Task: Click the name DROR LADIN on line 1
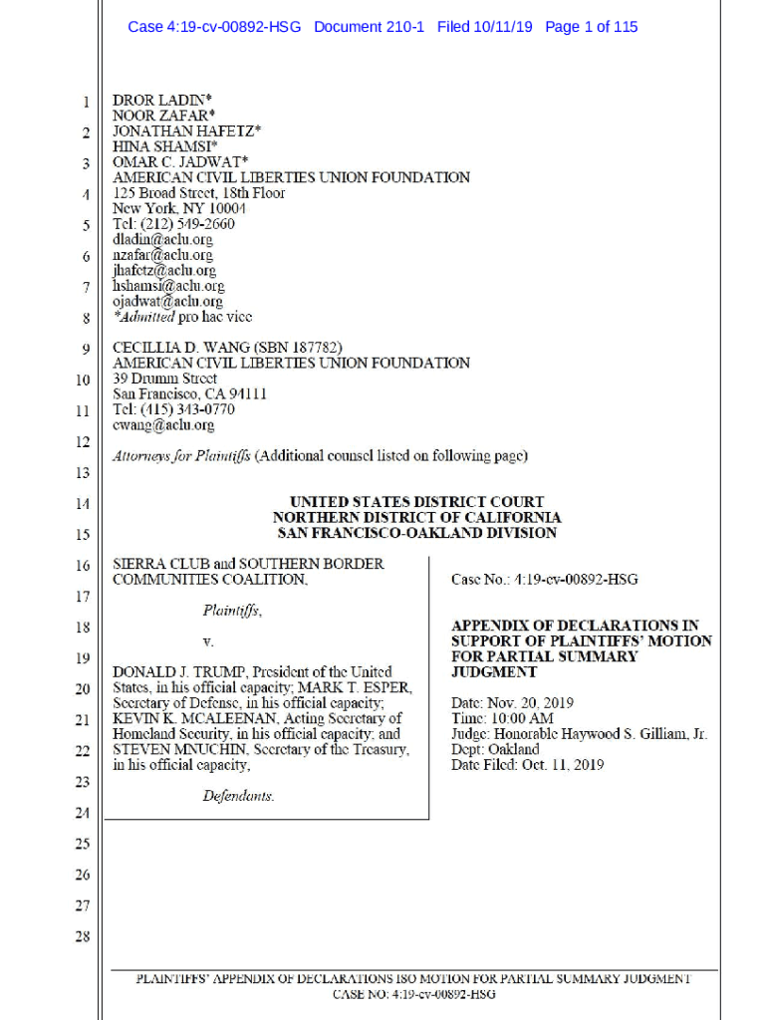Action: tap(158, 101)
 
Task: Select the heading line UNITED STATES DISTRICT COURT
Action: tap(416, 502)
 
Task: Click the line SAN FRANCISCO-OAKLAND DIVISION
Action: tap(416, 533)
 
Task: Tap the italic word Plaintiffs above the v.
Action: tap(232, 611)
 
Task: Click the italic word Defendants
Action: tap(238, 796)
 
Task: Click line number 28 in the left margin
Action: tap(84, 936)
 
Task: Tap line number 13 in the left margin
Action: tap(84, 473)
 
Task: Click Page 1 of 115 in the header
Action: tap(591, 27)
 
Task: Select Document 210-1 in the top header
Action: tap(369, 27)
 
